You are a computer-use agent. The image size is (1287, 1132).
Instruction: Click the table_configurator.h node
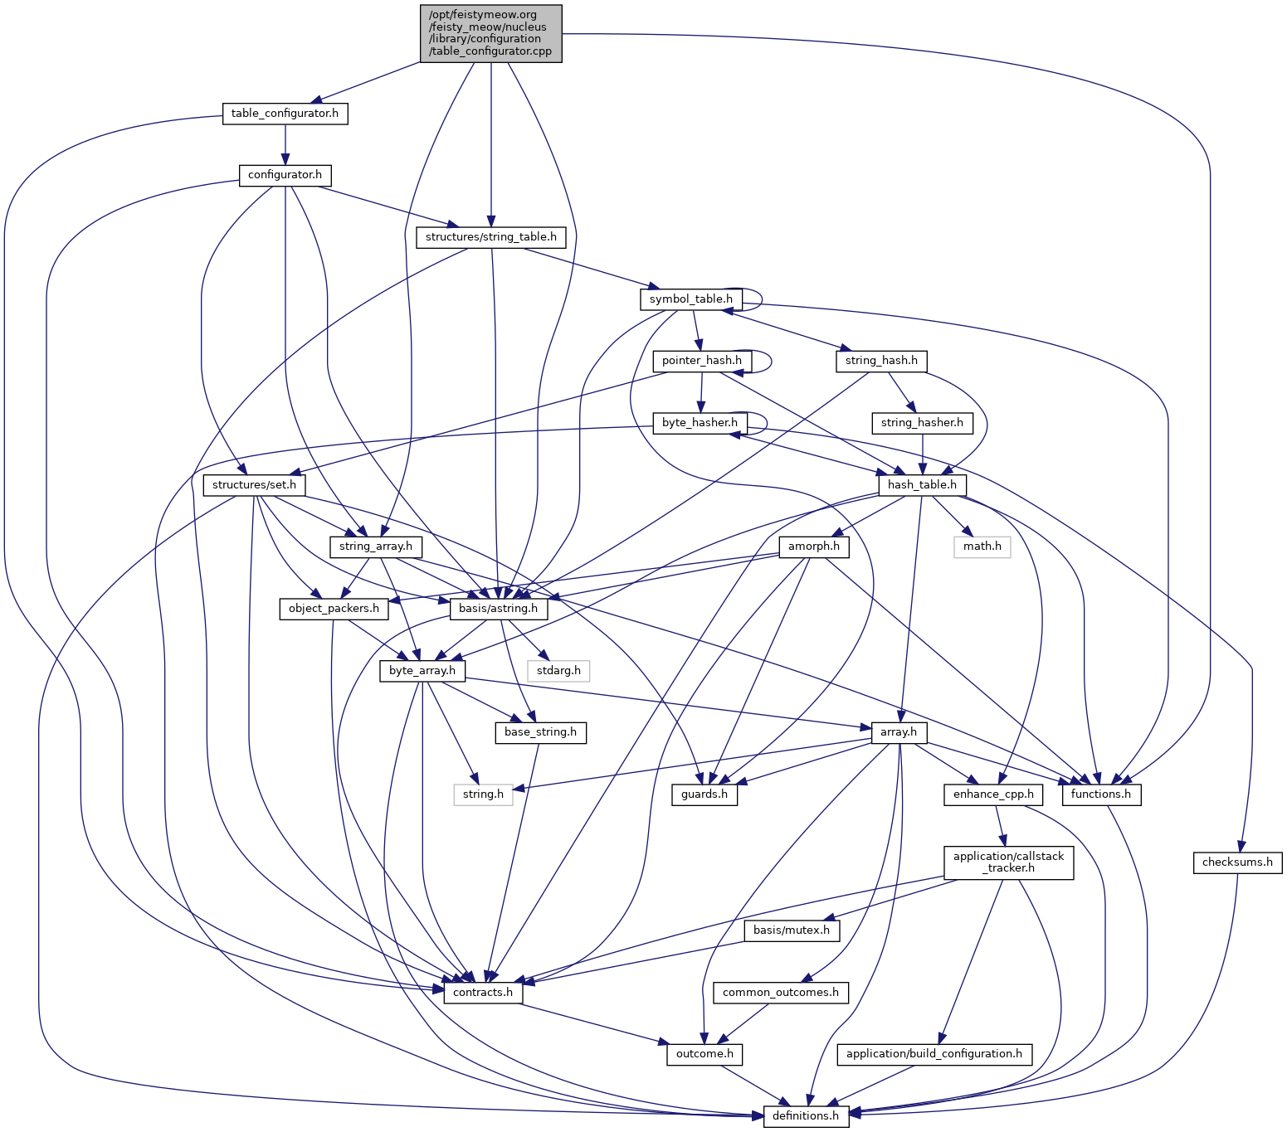[x=285, y=114]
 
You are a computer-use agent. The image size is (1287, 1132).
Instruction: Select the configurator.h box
[x=285, y=175]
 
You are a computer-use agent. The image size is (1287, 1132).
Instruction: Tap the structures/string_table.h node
[x=491, y=237]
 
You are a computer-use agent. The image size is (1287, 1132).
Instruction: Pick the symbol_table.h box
[x=690, y=299]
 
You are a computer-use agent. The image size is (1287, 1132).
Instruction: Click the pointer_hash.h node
[x=702, y=361]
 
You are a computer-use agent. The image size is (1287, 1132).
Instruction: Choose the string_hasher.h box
[x=922, y=423]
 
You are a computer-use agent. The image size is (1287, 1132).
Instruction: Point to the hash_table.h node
[x=922, y=484]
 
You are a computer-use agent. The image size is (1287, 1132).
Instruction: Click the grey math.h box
[x=982, y=547]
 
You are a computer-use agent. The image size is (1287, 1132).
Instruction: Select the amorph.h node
[x=814, y=547]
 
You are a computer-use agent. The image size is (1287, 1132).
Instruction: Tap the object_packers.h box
[x=334, y=609]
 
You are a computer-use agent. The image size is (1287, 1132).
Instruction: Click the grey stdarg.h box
[x=559, y=670]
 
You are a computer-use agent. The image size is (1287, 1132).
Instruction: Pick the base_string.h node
[x=540, y=732]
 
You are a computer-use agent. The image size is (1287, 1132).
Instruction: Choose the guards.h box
[x=704, y=794]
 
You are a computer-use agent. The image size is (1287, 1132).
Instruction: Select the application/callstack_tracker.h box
[x=1008, y=862]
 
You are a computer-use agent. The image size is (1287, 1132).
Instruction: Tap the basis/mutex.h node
[x=792, y=930]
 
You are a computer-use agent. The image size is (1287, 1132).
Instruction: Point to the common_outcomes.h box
[x=781, y=993]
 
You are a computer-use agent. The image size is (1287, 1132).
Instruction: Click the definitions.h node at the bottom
[x=806, y=1116]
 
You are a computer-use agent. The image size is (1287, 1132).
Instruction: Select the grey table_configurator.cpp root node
[x=491, y=32]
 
